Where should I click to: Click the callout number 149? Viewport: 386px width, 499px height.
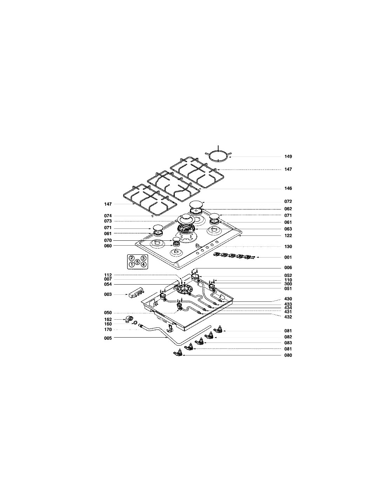click(x=288, y=157)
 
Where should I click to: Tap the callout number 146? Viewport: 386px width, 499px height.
click(x=288, y=188)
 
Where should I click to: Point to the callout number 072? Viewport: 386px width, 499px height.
click(x=288, y=201)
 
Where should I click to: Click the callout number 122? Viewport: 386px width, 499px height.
click(x=288, y=235)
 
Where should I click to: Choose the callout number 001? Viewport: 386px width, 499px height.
click(x=288, y=258)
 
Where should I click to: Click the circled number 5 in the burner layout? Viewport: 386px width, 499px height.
click(x=138, y=261)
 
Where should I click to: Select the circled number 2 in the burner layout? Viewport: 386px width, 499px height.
click(x=132, y=258)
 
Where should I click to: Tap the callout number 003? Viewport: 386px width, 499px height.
click(x=108, y=294)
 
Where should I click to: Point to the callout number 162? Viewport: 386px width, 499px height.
click(x=108, y=319)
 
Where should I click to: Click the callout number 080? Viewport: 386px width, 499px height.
click(x=288, y=355)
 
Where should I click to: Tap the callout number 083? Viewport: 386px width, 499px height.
click(x=288, y=343)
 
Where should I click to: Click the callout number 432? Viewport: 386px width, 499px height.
click(x=288, y=317)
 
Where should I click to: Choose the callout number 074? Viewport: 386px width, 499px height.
click(x=108, y=216)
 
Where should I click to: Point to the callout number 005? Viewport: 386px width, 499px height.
click(x=108, y=338)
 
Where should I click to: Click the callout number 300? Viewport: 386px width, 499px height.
click(x=288, y=284)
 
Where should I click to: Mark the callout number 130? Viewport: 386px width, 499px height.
click(x=288, y=247)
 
